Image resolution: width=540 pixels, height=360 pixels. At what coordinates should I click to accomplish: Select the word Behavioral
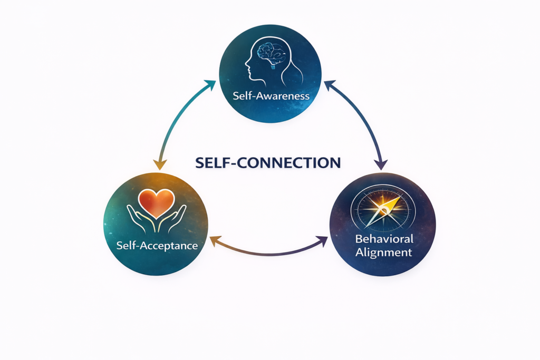[x=384, y=239]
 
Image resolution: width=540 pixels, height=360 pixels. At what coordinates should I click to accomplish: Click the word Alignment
[x=383, y=252]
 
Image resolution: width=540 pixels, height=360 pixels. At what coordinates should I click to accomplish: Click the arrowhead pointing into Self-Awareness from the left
[x=211, y=84]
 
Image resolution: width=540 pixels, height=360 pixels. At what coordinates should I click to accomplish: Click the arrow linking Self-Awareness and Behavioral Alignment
[x=361, y=119]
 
